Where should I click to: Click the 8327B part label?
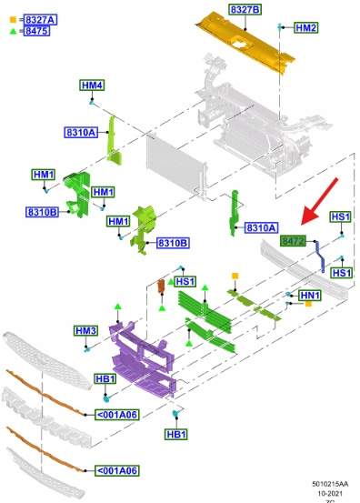coord(245,10)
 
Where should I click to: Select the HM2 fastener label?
coord(306,27)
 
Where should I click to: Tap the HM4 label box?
coord(92,86)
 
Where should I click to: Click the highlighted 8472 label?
coord(293,241)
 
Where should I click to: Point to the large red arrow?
coord(319,201)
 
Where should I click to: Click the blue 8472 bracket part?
coord(320,257)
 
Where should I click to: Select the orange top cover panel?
coord(245,42)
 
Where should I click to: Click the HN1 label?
coord(310,295)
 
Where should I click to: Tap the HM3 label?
coord(85,330)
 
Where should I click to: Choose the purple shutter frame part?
coord(144,359)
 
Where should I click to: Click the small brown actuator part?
coord(161,287)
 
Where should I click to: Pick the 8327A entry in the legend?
coord(40,20)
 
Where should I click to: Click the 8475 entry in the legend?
coord(36,31)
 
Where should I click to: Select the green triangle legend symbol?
coord(13,31)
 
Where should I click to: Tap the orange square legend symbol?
coord(13,20)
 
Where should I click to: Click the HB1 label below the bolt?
coord(176,435)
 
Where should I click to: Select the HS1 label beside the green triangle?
coord(185,282)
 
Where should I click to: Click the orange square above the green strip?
coord(235,276)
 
